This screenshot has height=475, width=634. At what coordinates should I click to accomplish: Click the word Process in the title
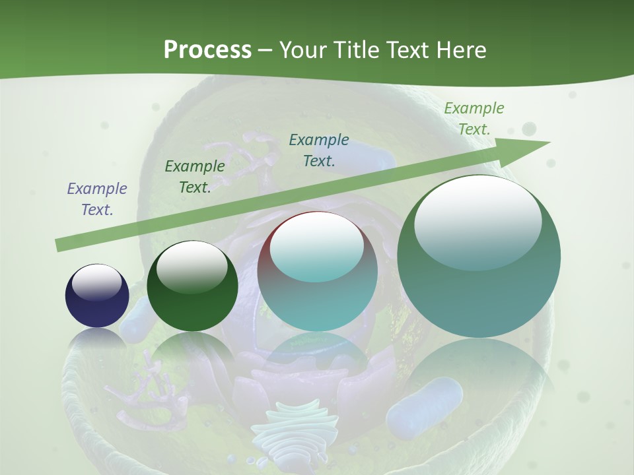tap(207, 49)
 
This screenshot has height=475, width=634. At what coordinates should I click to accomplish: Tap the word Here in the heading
tap(460, 49)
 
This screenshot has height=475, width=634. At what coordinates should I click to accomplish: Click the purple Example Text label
tap(97, 199)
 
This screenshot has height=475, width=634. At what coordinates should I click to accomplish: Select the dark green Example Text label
tap(195, 176)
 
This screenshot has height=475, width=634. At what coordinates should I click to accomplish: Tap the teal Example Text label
tap(319, 150)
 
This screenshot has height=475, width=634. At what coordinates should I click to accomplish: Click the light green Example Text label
tap(474, 118)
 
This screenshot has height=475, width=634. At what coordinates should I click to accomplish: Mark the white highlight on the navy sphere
tap(97, 282)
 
